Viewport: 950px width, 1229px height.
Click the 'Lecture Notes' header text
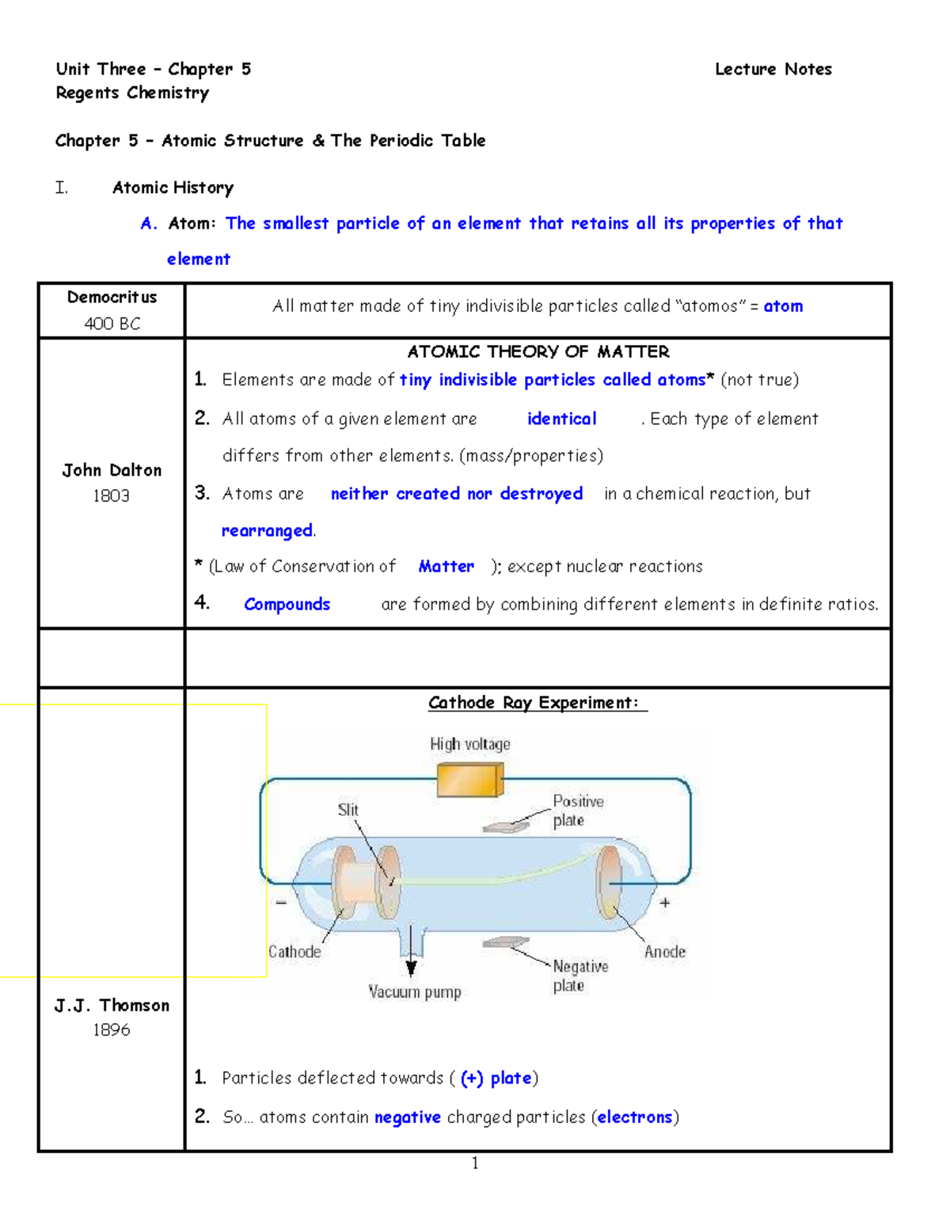[x=773, y=70]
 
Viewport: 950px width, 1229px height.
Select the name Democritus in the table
[x=112, y=298]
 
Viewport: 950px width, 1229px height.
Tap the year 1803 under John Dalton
[x=111, y=496]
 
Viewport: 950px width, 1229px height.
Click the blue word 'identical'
[x=561, y=419]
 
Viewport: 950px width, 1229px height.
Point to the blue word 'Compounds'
[x=287, y=605]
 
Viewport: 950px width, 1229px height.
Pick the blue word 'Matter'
[x=446, y=567]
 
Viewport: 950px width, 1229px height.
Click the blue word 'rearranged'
[x=267, y=531]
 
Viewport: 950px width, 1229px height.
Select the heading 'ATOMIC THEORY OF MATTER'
[x=538, y=351]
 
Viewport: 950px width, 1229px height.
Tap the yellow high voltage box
[x=469, y=780]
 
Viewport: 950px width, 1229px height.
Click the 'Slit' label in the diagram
[x=348, y=810]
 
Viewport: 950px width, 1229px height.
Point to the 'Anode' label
[x=664, y=952]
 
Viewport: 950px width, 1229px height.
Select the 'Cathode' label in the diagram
[x=294, y=952]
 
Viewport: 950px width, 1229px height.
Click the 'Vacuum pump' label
[x=414, y=992]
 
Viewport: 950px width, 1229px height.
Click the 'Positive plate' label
[x=577, y=811]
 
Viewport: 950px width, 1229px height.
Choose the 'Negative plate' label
[x=579, y=976]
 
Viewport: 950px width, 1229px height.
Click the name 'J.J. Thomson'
[x=112, y=1006]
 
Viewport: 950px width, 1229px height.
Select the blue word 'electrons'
[x=635, y=1117]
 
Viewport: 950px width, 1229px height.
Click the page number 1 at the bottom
[x=475, y=1163]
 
